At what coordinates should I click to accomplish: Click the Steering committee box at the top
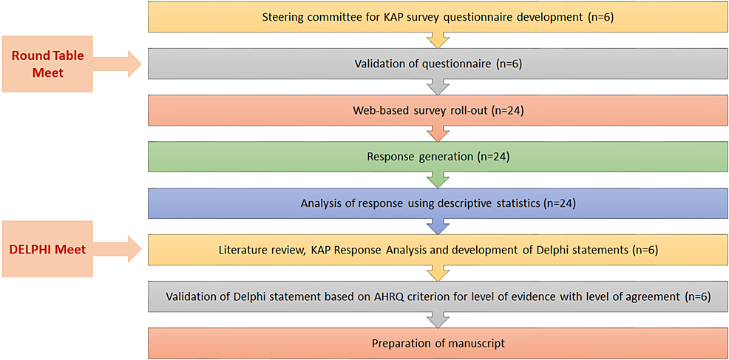438,18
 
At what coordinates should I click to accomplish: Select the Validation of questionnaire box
438,65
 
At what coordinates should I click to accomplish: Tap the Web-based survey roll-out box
438,112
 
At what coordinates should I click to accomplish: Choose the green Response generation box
438,157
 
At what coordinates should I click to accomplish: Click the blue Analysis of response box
438,204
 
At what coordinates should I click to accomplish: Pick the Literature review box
438,251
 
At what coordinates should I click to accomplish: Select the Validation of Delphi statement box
438,296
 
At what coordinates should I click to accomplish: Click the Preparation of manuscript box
438,343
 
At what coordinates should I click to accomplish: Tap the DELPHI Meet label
47,249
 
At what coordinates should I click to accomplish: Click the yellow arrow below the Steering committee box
438,41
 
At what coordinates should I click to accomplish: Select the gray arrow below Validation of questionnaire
438,88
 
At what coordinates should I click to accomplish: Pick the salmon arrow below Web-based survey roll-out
438,135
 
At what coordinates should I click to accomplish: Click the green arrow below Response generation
438,180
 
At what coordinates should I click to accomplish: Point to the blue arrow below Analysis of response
438,226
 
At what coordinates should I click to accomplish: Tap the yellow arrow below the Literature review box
438,273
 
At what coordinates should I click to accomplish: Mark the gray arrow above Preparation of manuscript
438,319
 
